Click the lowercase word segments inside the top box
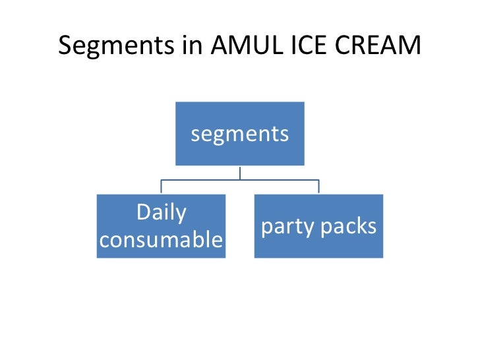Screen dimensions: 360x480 [239, 135]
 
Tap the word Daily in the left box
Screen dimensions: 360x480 [161, 213]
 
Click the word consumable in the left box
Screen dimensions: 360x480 [161, 240]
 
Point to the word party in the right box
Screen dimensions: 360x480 [288, 227]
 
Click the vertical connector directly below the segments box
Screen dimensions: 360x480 [240, 172]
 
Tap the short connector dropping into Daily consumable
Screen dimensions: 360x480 [161, 187]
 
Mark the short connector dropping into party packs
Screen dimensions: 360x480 [319, 187]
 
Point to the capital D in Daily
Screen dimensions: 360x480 [141, 213]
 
